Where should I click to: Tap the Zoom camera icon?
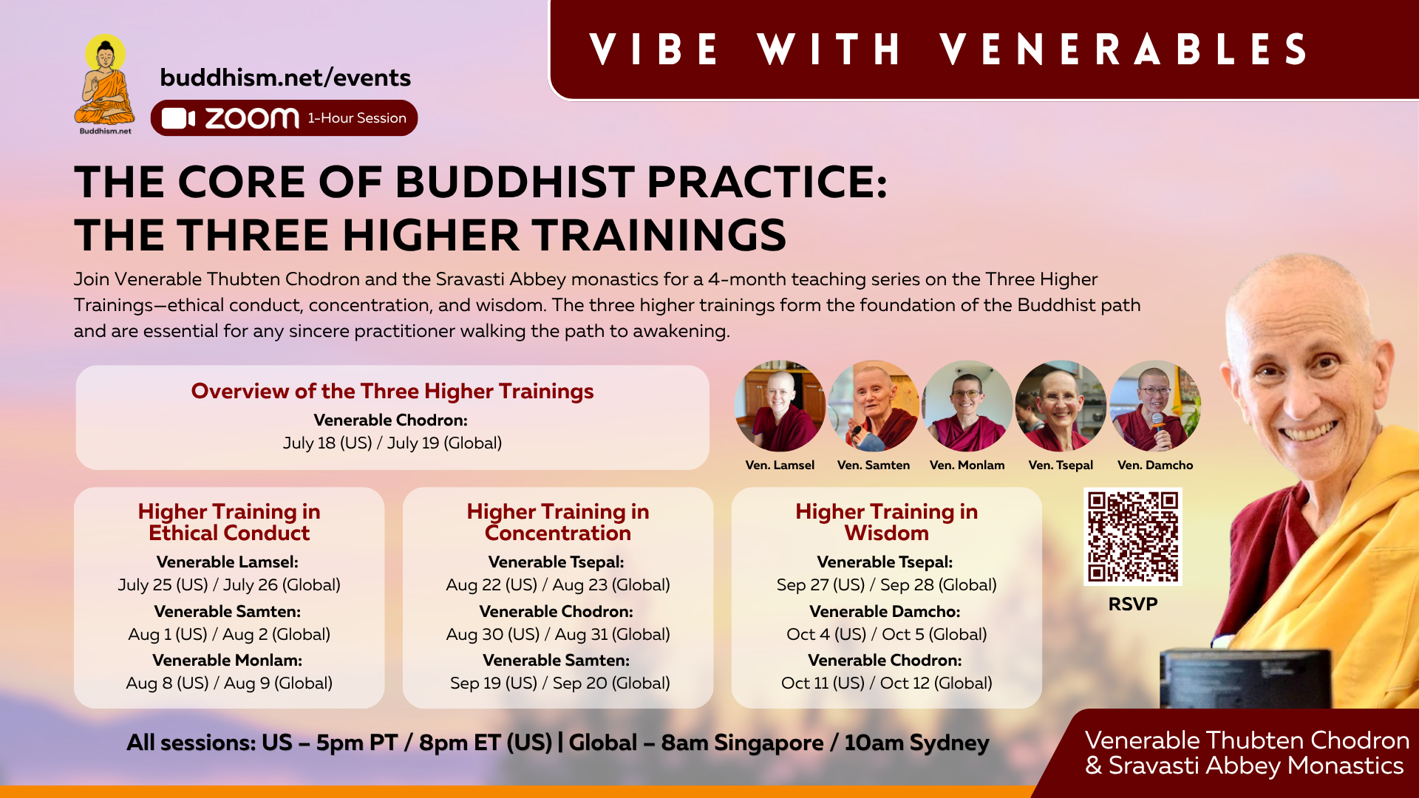tap(178, 118)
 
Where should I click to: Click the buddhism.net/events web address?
tap(285, 78)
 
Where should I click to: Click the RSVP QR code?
tap(1133, 537)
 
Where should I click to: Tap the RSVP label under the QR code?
tap(1133, 604)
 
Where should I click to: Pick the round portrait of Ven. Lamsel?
tap(780, 406)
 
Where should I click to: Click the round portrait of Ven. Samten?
tap(874, 406)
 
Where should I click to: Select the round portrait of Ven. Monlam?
tap(967, 406)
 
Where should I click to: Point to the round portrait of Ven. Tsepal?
tap(1061, 406)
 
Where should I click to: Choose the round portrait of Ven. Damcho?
tap(1155, 406)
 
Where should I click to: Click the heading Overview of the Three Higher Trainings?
tap(392, 391)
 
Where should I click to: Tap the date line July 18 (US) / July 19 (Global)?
tap(392, 443)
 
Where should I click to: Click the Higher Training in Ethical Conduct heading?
tap(229, 522)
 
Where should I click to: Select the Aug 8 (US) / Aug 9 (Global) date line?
tap(229, 683)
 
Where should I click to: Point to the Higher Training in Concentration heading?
tap(558, 522)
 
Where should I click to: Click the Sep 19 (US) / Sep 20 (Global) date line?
tap(560, 683)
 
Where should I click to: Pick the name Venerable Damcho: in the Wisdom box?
tap(885, 611)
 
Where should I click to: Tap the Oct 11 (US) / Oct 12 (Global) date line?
tap(887, 683)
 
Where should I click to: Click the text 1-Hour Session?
tap(357, 118)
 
